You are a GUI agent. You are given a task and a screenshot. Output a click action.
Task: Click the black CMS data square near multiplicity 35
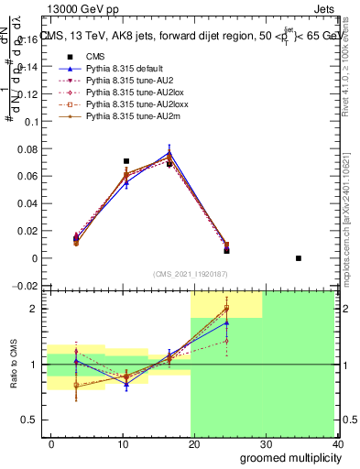(x=299, y=258)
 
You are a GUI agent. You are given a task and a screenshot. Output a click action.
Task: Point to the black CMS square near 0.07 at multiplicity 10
(x=126, y=161)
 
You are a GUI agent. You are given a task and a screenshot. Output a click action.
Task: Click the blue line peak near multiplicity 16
(x=169, y=152)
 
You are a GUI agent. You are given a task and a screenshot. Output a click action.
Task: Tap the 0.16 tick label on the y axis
(x=30, y=39)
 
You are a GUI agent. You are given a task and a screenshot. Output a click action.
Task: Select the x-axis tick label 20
(x=194, y=443)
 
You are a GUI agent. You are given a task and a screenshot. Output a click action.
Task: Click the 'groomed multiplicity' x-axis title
(x=285, y=457)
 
